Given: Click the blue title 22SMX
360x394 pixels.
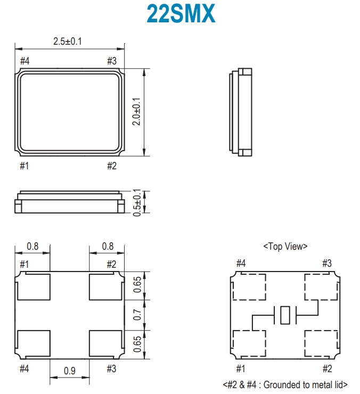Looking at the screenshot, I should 181,13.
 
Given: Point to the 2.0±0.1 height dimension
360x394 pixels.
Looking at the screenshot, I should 137,111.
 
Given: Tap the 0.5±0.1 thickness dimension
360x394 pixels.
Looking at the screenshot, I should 137,202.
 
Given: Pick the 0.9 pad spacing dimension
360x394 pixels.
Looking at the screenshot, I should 69,371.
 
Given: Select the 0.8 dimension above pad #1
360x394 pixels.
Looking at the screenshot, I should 32,247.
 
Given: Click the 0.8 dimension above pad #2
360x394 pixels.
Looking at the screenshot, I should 108,247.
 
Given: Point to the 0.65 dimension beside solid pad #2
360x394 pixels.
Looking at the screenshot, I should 137,285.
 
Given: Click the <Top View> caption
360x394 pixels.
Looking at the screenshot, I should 285,247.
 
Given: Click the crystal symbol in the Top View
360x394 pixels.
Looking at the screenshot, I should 285,315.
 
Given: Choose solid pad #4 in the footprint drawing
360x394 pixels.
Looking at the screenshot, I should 34,343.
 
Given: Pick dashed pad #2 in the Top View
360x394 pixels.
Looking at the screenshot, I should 321,343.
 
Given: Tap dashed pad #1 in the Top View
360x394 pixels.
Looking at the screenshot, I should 249,343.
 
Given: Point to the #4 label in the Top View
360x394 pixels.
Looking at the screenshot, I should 241,263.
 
